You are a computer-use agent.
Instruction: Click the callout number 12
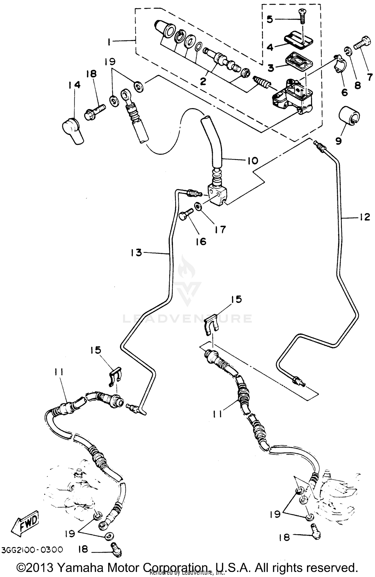pos(365,217)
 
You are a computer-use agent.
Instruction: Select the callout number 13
pos(136,253)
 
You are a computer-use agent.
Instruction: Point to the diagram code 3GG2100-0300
pos(32,550)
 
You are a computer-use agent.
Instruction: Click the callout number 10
pos(253,160)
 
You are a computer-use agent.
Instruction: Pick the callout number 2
pos(203,81)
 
